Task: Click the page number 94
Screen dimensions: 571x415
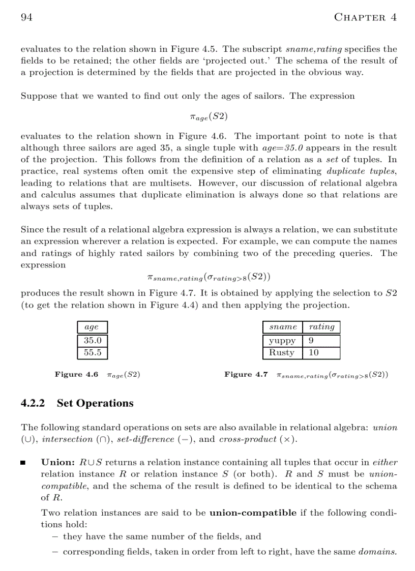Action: coord(26,17)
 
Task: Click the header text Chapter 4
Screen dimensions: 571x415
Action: coord(365,17)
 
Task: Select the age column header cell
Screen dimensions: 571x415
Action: coord(92,327)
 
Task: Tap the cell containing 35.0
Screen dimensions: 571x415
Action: coord(92,340)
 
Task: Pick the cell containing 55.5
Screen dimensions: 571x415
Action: coord(92,352)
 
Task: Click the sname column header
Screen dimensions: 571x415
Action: coord(283,327)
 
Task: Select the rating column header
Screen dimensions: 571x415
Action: coord(321,327)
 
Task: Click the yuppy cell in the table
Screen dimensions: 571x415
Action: coord(282,340)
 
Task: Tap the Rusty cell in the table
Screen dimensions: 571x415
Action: coord(282,352)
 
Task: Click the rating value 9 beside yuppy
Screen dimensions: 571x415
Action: coord(311,340)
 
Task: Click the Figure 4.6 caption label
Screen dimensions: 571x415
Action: coord(76,375)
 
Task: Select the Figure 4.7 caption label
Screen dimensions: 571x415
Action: coord(246,375)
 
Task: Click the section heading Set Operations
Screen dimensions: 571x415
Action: coord(95,403)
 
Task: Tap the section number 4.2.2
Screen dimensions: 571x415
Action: coord(33,403)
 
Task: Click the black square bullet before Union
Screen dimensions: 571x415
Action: coord(23,463)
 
